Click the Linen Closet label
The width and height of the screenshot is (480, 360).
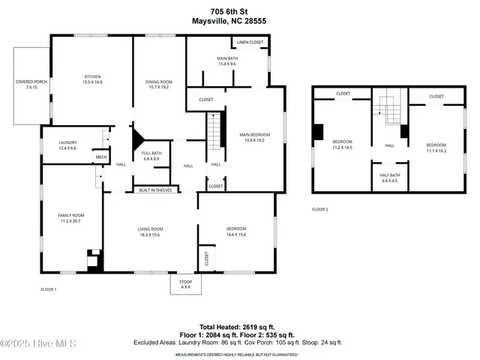coord(250,43)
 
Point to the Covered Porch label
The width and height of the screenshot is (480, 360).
coord(31,84)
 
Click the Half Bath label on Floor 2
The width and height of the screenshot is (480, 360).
coord(389,177)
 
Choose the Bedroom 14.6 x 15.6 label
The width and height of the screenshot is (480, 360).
coord(236,231)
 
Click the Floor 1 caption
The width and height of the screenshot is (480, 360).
coord(48,289)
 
